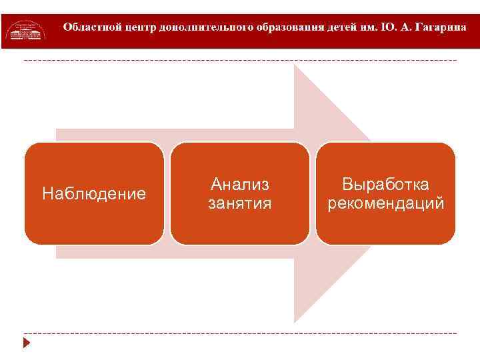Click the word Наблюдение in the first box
93,194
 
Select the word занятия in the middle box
239,203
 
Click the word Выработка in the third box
385,184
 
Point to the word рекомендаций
385,203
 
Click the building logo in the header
26,31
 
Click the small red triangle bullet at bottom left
27,343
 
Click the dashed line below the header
240,61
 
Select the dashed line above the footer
240,333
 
